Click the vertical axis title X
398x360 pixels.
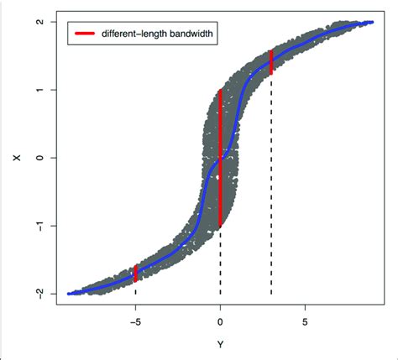pos(11,158)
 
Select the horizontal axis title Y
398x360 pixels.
pos(221,344)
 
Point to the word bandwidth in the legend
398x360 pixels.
pos(186,34)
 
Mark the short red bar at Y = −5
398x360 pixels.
pos(135,273)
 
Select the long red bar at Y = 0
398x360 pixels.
pos(220,158)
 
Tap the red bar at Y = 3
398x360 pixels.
pos(271,62)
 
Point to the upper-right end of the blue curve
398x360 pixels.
pos(372,22)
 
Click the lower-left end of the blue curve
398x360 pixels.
pos(69,294)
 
